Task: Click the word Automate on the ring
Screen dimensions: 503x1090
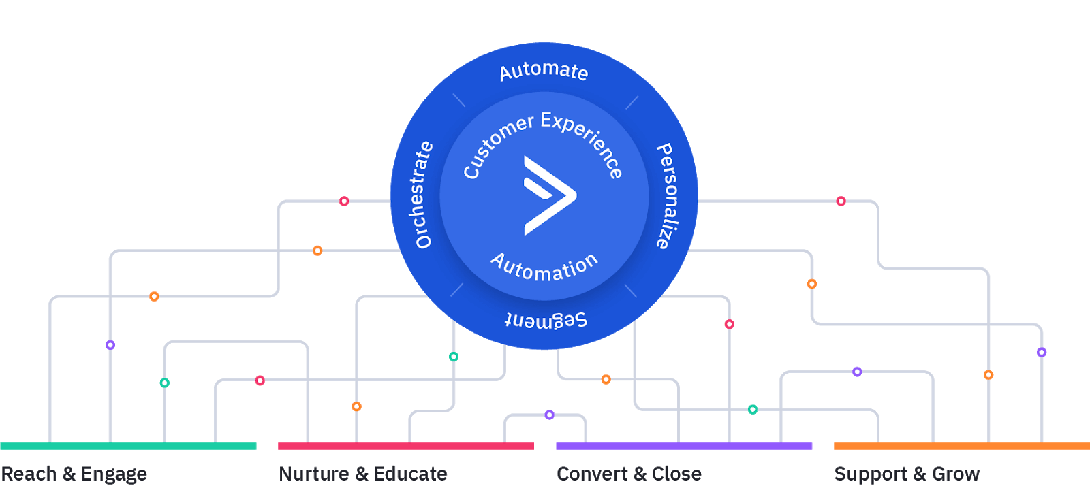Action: [x=544, y=71]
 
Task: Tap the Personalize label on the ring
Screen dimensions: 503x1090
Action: [x=666, y=196]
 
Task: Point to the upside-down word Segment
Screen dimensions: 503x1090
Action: [x=546, y=320]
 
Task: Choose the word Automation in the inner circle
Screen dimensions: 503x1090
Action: [x=544, y=267]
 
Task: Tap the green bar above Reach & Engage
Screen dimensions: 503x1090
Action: [x=128, y=447]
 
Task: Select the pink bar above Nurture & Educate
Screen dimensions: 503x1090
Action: [x=406, y=447]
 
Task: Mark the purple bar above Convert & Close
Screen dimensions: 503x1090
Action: [x=684, y=447]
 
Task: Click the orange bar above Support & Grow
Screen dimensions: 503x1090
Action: [x=962, y=447]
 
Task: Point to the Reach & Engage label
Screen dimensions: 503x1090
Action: [x=74, y=474]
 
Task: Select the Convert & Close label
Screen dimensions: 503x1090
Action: [x=629, y=474]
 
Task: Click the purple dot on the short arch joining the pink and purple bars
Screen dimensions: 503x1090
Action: [x=550, y=415]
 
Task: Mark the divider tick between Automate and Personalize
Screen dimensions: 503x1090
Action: [x=632, y=103]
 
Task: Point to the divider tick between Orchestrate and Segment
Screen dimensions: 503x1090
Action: [x=456, y=290]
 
